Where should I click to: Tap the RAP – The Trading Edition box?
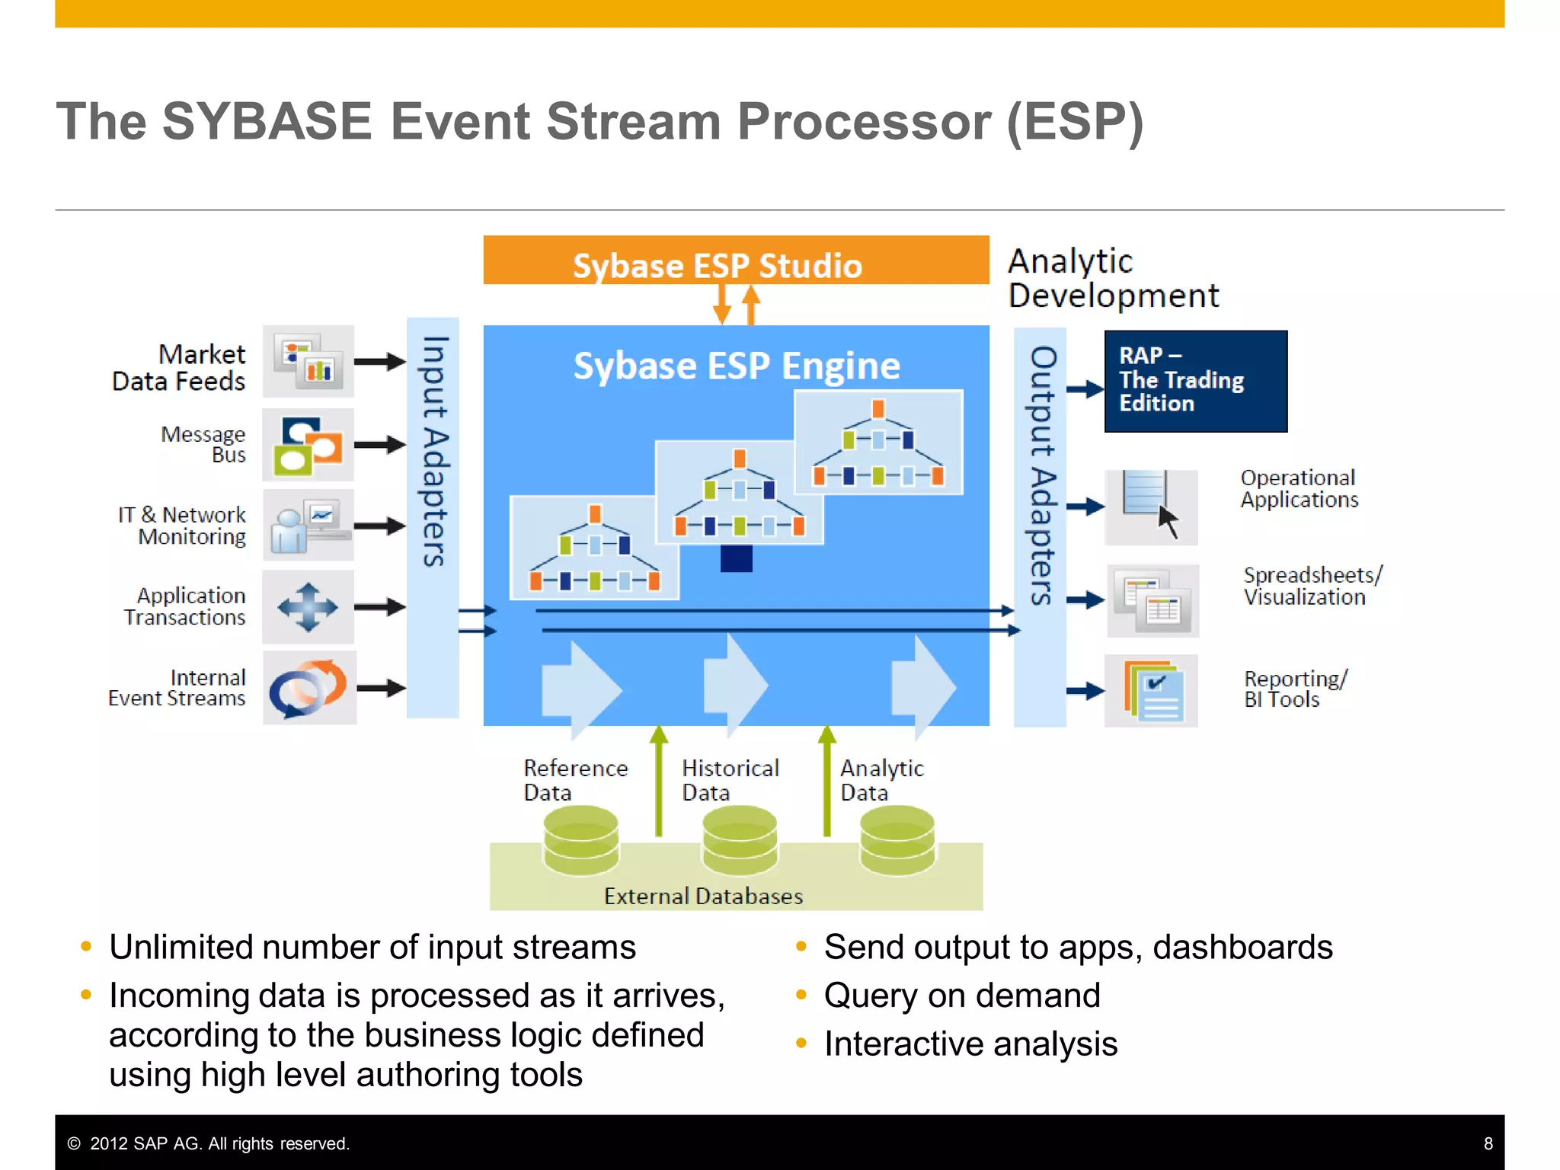coord(1195,381)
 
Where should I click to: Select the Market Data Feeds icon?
coord(308,361)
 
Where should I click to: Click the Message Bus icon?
coord(308,445)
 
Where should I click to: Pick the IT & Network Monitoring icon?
coord(308,526)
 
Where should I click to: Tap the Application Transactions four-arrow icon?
coord(308,607)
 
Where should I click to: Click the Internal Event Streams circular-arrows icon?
coord(308,688)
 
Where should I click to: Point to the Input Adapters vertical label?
coord(433,451)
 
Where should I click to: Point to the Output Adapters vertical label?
coord(1041,475)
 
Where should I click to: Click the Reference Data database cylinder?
coord(580,841)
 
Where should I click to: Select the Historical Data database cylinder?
coord(739,841)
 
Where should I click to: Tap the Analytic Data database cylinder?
coord(897,841)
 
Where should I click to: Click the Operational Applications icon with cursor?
coord(1150,507)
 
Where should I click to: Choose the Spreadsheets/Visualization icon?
coord(1152,601)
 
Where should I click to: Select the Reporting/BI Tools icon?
coord(1151,691)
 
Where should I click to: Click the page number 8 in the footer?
coord(1488,1143)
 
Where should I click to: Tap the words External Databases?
coord(703,896)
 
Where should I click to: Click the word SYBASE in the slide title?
coord(267,122)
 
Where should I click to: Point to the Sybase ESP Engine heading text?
coord(736,366)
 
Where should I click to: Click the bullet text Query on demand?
coord(961,996)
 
